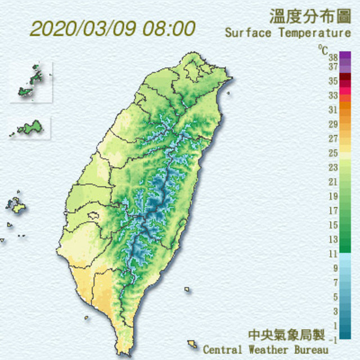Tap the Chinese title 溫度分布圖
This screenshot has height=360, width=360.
tap(310, 15)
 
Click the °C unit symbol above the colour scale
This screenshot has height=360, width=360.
tap(322, 49)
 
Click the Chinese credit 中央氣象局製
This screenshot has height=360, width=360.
tap(287, 335)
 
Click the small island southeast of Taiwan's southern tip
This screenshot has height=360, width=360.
tap(192, 343)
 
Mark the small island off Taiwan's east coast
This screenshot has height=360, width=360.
tap(187, 290)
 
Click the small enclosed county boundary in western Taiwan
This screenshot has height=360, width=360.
tap(93, 215)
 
